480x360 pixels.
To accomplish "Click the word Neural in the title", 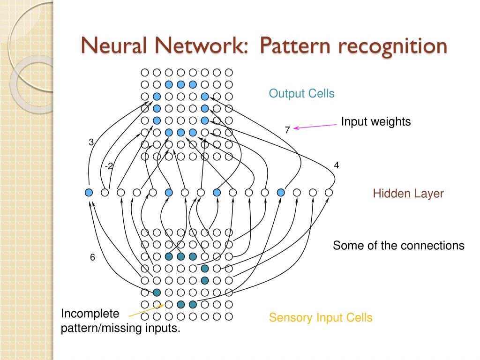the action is tap(113, 45).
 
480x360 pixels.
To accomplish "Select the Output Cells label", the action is tap(301, 93).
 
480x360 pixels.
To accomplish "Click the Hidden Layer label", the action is tap(408, 194).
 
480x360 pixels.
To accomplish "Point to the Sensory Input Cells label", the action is tap(321, 317).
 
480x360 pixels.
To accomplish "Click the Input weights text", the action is tap(375, 121).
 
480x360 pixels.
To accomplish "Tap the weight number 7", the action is tap(287, 130).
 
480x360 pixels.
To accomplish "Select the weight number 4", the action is tap(337, 165).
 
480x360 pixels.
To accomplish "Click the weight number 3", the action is tap(91, 142).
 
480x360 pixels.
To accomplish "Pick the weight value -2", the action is tap(109, 166).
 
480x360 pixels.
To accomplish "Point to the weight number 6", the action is tap(92, 257).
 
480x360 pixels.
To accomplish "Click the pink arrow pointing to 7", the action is tap(315, 127).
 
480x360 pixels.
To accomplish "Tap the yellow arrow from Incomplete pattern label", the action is tap(146, 310).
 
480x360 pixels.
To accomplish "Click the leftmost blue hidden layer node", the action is tap(89, 193).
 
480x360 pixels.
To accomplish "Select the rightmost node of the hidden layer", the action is tap(329, 193).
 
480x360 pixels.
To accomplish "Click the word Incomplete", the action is tap(90, 314).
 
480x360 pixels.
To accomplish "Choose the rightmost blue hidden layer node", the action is tap(281, 193).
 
